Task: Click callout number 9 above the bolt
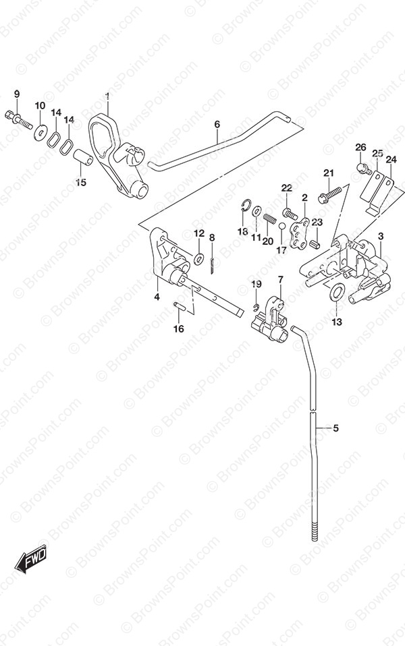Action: tap(17, 94)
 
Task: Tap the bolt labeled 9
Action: tap(18, 119)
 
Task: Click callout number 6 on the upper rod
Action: tap(217, 124)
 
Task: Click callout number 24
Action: tap(391, 159)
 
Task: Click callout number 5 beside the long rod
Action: tap(335, 428)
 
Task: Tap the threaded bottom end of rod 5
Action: tap(315, 532)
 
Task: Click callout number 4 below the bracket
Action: tap(157, 297)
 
